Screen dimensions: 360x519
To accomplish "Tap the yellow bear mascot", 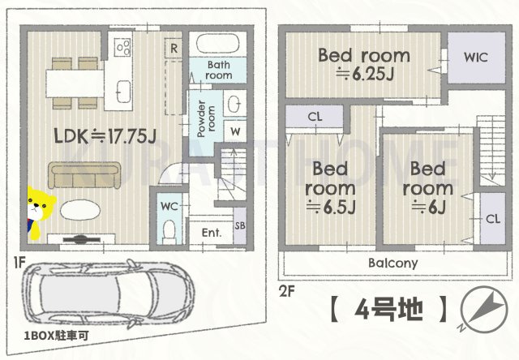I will tap(37, 213).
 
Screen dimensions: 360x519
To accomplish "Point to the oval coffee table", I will tap(78, 209).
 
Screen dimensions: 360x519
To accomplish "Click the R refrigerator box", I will tap(174, 48).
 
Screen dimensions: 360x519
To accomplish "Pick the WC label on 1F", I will tap(169, 207).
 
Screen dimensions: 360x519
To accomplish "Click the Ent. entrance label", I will tap(212, 233).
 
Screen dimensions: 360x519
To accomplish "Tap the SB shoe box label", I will tap(240, 225).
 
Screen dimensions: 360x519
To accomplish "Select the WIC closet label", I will tap(475, 58).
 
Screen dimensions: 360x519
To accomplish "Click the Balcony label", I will tap(392, 263).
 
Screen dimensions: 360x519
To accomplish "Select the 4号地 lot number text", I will tap(388, 309).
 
